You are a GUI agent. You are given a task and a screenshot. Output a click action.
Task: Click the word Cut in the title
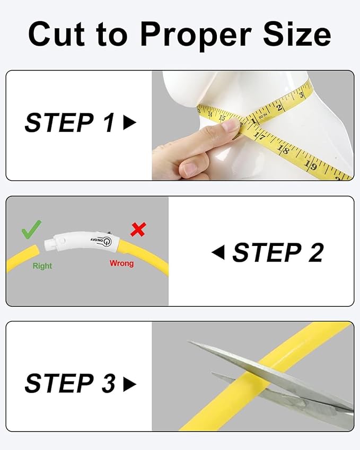57,34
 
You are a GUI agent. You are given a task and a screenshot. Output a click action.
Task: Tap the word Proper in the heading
196,37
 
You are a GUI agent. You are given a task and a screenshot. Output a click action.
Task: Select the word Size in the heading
297,34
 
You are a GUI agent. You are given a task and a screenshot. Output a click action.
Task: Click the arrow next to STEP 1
129,122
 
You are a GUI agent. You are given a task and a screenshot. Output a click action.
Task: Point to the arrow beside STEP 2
218,252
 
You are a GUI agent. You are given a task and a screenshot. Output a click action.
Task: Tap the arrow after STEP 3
129,385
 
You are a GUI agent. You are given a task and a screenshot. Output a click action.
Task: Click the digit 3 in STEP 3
108,383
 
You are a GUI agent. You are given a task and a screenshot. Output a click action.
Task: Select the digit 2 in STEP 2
316,252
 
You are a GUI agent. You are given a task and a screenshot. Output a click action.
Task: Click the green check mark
32,230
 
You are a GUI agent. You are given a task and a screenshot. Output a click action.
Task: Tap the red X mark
138,230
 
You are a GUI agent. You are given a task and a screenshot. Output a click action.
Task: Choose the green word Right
42,266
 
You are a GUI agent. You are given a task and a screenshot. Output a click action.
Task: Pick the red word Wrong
122,263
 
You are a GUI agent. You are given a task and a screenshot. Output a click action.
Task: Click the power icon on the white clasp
106,242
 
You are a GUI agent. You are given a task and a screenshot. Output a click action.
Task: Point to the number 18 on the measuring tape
284,149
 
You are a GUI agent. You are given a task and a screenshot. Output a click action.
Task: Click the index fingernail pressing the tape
231,126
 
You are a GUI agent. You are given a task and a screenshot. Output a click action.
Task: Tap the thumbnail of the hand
190,169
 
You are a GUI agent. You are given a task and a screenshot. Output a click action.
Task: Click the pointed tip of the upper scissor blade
188,341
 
